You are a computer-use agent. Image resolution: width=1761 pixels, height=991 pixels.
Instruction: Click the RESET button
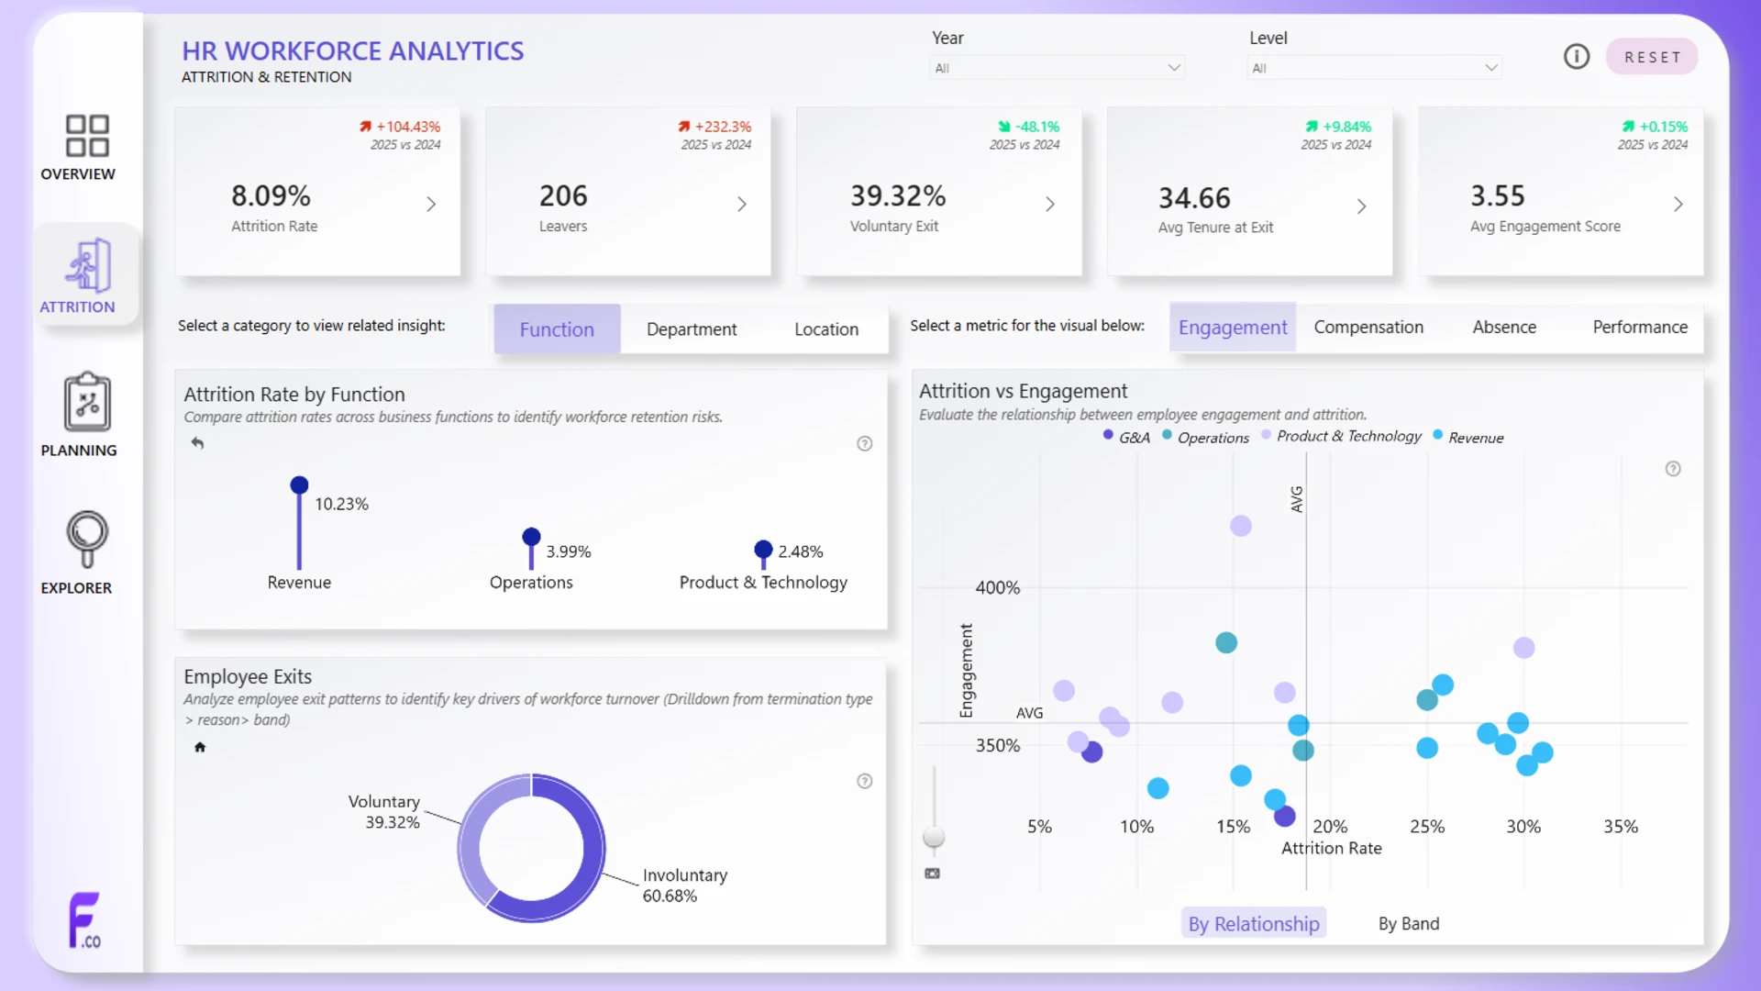pos(1652,57)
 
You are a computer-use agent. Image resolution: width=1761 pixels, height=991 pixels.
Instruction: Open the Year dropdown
pos(1057,68)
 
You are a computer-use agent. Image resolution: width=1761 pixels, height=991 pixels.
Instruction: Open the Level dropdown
pos(1374,68)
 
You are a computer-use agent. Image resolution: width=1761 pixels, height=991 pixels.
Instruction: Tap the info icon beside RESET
pos(1577,57)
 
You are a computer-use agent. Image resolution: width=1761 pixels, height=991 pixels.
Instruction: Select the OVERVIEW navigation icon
pos(87,136)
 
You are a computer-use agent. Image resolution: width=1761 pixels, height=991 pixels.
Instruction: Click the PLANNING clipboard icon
pos(87,402)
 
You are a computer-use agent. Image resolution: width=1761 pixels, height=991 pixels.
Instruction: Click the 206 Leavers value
pos(563,195)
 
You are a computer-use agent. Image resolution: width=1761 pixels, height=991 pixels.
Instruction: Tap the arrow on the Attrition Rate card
pos(431,204)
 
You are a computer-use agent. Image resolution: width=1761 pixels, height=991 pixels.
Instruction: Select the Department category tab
pos(692,329)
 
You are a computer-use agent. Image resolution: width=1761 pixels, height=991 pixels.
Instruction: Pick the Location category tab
pos(826,329)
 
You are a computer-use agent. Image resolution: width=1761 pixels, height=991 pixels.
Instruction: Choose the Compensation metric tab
pos(1368,328)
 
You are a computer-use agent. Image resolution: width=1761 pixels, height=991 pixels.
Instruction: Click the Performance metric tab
pos(1640,328)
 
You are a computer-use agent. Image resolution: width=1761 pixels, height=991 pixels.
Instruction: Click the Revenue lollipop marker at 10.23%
pos(299,484)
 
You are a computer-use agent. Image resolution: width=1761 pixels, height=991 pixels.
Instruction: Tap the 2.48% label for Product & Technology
pos(801,551)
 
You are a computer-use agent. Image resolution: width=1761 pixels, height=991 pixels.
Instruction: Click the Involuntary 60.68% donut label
pos(685,885)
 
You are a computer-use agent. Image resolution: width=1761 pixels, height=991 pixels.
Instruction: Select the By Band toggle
pos(1409,924)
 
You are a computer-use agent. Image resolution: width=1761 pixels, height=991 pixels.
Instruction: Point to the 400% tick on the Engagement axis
pos(998,587)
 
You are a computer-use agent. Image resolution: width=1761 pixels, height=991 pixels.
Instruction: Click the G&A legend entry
pos(1126,437)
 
